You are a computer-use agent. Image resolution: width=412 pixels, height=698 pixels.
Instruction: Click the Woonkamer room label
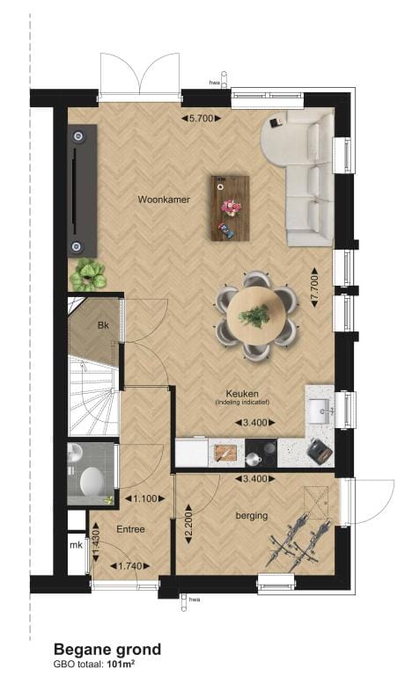point(164,200)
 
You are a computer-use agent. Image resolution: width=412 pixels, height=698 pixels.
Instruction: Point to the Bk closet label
point(103,326)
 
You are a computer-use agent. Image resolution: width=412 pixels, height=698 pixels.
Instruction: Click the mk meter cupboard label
point(76,545)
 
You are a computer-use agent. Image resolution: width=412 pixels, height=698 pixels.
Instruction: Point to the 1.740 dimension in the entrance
point(129,565)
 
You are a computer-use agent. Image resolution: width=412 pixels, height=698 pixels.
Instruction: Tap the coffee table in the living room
point(230,207)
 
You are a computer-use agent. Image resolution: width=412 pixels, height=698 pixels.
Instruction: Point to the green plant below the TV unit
point(88,275)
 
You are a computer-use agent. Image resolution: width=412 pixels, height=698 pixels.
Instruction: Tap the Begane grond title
point(107,650)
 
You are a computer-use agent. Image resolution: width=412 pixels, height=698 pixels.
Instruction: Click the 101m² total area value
point(127,665)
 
